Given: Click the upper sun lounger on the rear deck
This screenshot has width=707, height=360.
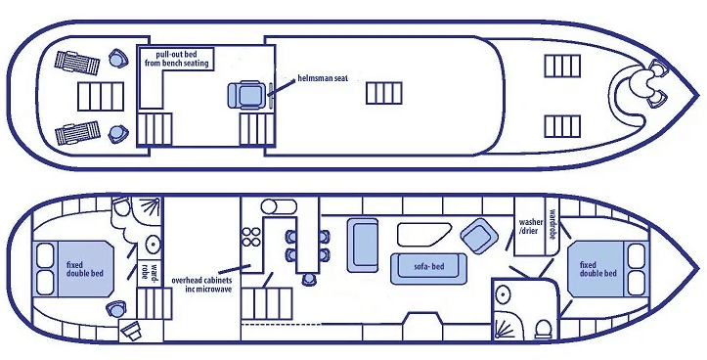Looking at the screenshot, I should pyautogui.click(x=77, y=63).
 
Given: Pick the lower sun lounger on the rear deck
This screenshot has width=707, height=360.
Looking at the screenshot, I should pyautogui.click(x=76, y=133).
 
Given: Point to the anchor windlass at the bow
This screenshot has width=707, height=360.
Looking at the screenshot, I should pyautogui.click(x=646, y=82).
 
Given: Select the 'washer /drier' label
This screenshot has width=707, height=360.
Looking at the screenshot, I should pyautogui.click(x=530, y=228).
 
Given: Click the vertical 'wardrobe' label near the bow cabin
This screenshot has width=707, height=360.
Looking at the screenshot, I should pyautogui.click(x=552, y=226).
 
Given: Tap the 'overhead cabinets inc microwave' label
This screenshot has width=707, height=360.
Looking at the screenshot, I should pyautogui.click(x=201, y=284).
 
